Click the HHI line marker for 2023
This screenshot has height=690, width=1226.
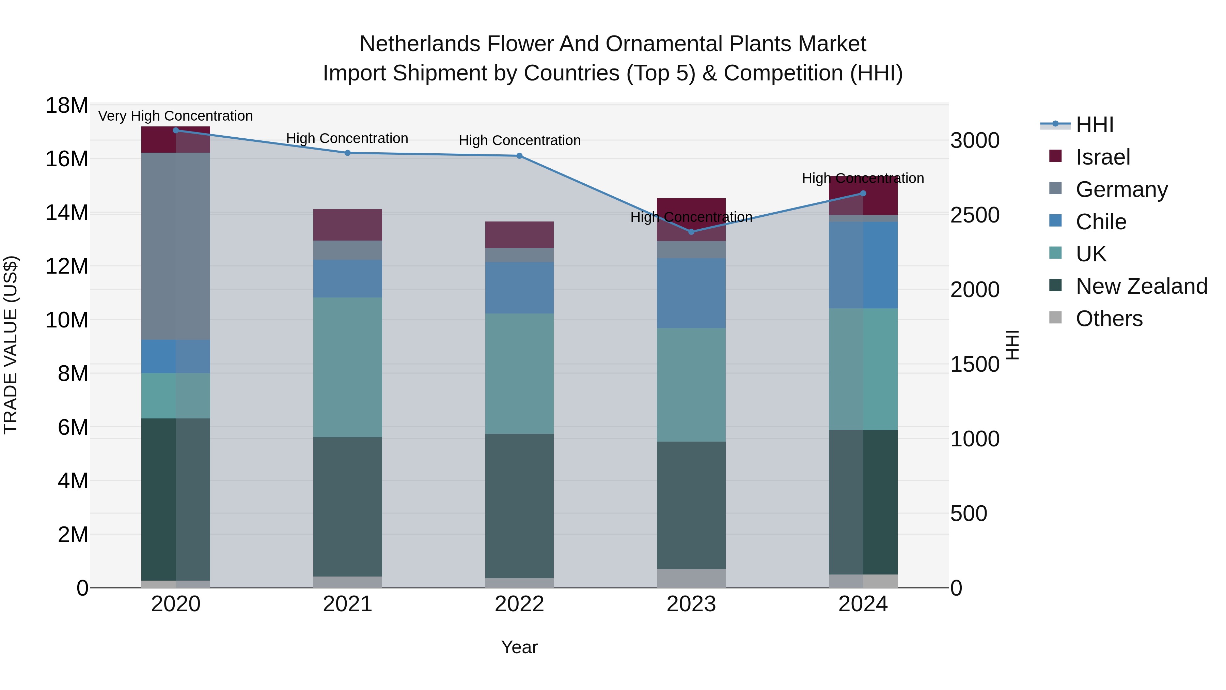pyautogui.click(x=691, y=232)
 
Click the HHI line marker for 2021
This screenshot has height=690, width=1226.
pyautogui.click(x=347, y=153)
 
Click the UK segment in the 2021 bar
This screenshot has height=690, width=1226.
pyautogui.click(x=347, y=367)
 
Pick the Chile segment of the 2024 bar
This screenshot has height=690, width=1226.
pyautogui.click(x=863, y=265)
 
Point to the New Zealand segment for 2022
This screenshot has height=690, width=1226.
pyautogui.click(x=519, y=506)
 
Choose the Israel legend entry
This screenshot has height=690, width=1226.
pyautogui.click(x=1102, y=157)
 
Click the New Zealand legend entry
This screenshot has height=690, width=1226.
pyautogui.click(x=1141, y=286)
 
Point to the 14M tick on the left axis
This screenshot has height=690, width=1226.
pyautogui.click(x=67, y=212)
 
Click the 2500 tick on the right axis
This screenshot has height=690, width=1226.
pyautogui.click(x=975, y=215)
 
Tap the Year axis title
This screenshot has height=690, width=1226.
pyautogui.click(x=519, y=647)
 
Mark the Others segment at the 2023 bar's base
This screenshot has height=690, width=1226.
pyautogui.click(x=691, y=578)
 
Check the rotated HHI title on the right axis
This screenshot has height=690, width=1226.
pyautogui.click(x=1013, y=345)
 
